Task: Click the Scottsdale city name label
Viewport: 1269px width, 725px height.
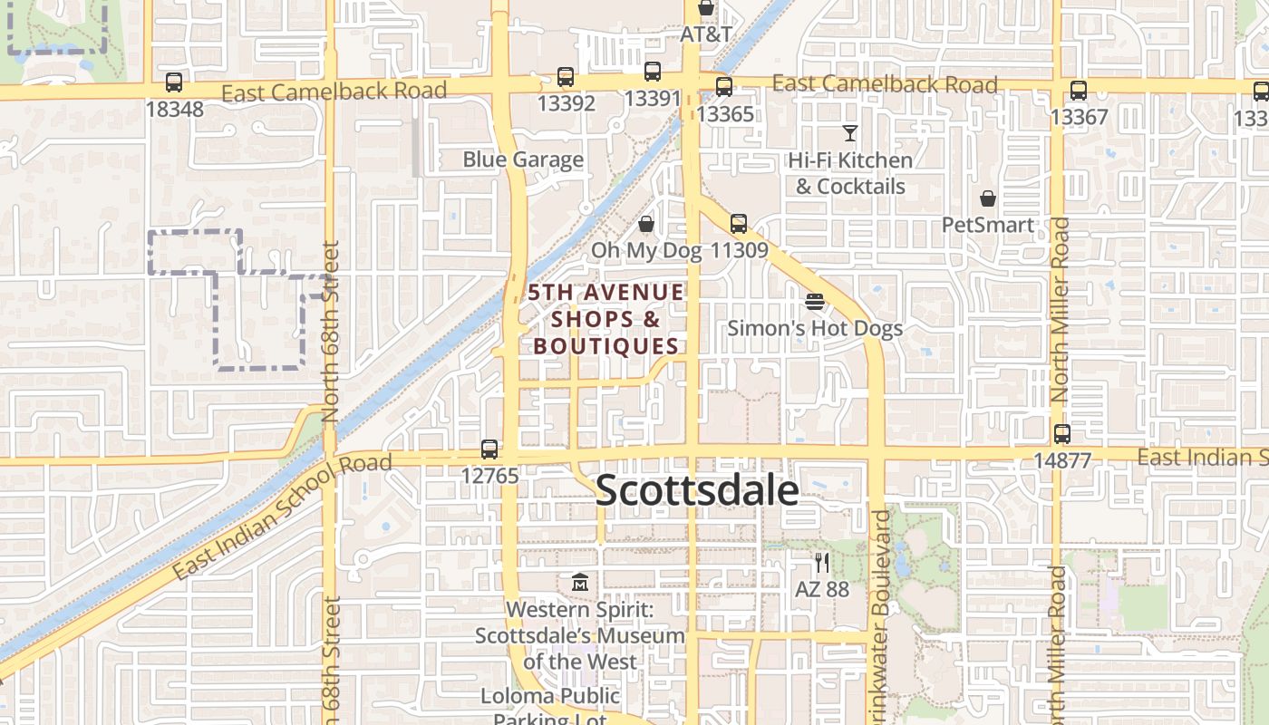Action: click(x=697, y=490)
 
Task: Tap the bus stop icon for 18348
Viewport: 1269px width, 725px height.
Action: click(x=173, y=82)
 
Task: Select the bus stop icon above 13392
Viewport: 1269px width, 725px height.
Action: click(x=566, y=77)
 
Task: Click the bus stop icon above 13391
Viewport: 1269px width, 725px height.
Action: click(x=652, y=72)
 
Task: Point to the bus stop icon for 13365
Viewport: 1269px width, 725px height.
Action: click(x=723, y=87)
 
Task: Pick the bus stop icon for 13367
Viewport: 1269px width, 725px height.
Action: click(x=1078, y=91)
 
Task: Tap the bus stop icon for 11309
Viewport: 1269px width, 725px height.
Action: click(x=739, y=223)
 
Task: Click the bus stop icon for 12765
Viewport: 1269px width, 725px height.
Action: click(x=489, y=449)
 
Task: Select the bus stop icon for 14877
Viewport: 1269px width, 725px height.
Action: click(x=1061, y=434)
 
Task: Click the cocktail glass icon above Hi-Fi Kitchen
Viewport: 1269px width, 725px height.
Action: click(x=849, y=133)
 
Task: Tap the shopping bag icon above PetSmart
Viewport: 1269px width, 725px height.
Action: click(x=988, y=198)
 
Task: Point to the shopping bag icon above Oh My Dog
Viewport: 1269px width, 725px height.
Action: click(x=646, y=223)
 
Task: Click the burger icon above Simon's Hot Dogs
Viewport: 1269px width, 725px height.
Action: click(x=814, y=302)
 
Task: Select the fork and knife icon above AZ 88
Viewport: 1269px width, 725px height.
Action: click(x=821, y=563)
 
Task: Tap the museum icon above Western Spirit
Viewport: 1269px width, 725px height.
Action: click(x=580, y=582)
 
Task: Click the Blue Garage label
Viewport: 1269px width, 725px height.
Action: click(x=523, y=159)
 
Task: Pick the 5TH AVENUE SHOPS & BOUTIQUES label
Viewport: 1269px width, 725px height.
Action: click(x=606, y=319)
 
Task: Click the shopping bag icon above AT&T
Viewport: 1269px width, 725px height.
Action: click(x=706, y=8)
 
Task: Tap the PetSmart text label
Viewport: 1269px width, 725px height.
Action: click(x=987, y=224)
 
